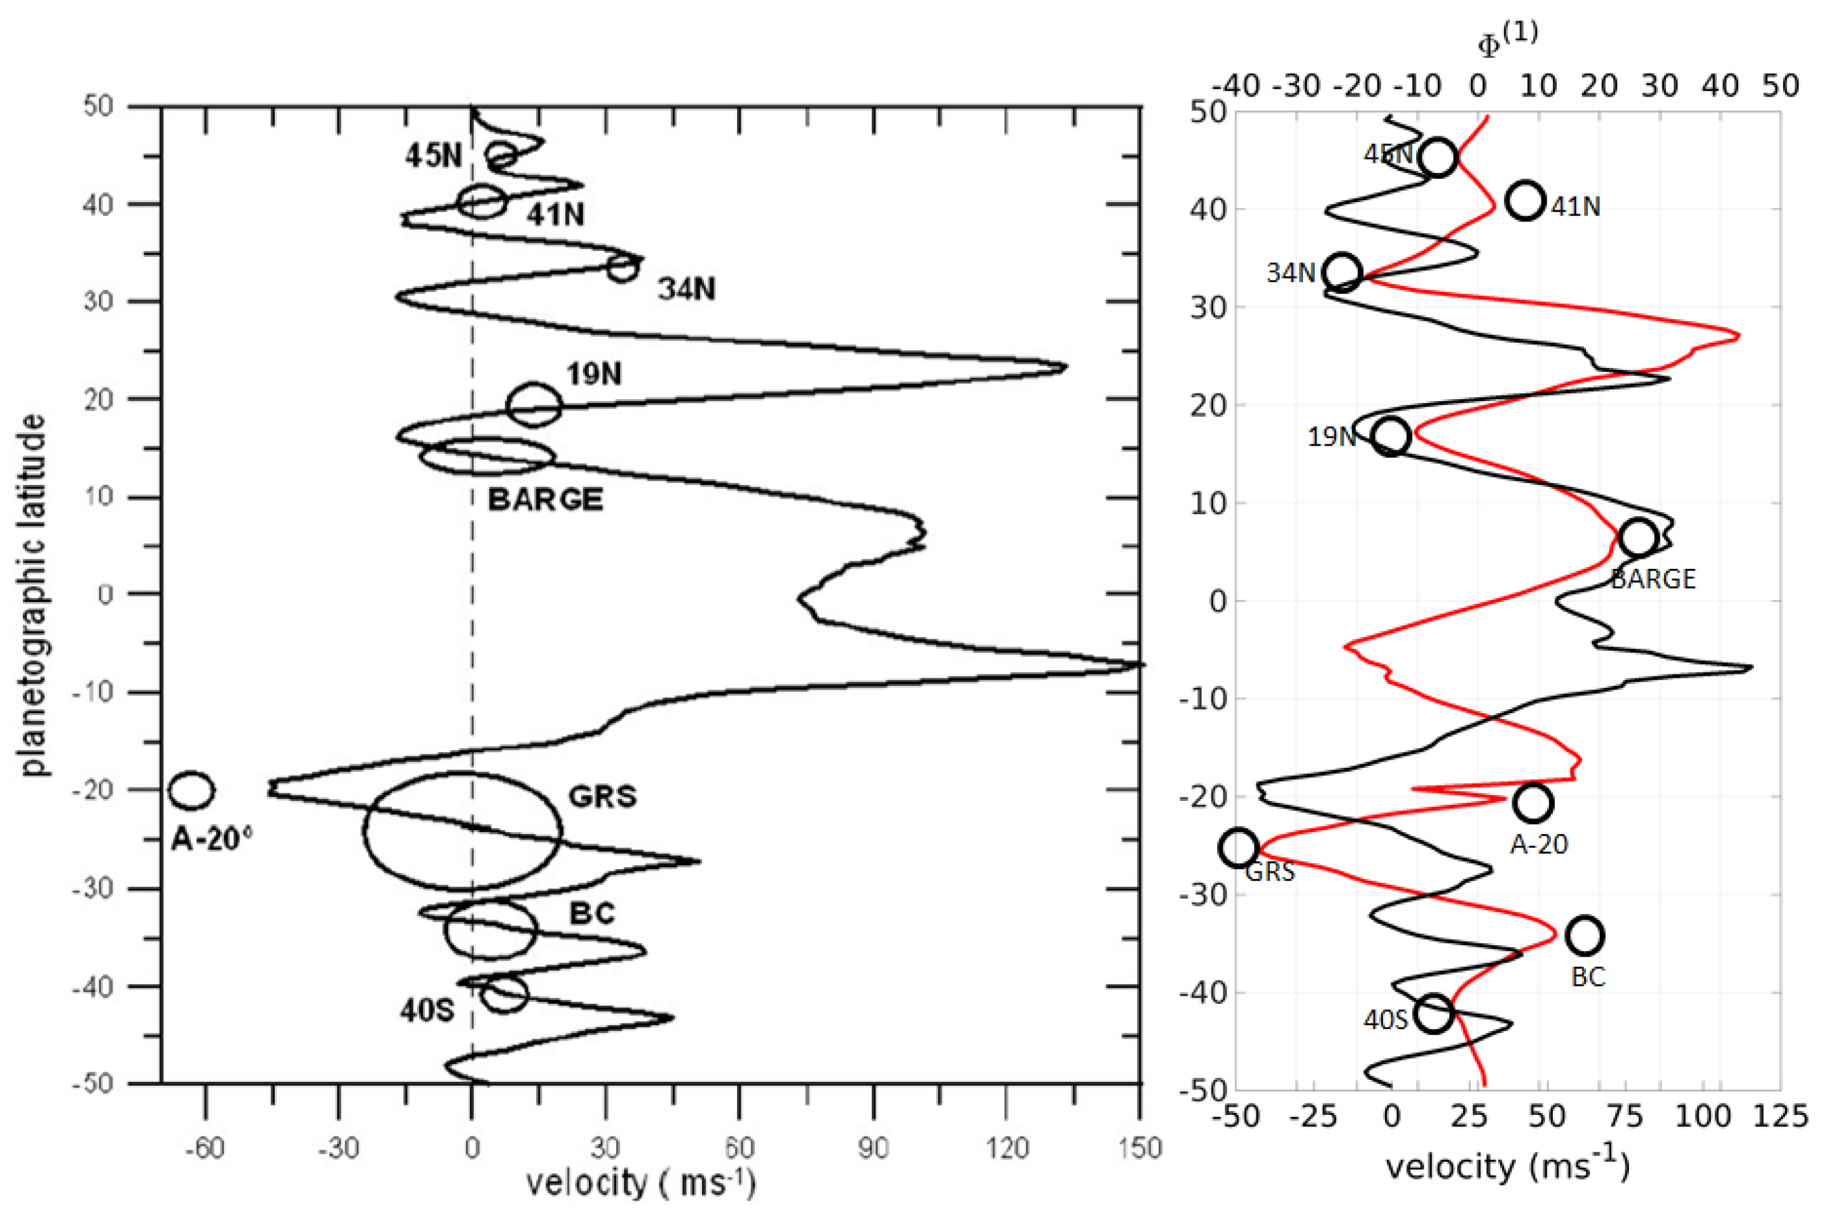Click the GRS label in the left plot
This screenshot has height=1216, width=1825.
point(603,796)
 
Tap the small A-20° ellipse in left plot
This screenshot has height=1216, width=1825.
point(191,790)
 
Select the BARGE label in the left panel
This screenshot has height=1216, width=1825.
point(545,500)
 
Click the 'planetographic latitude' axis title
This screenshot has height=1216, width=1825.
point(32,595)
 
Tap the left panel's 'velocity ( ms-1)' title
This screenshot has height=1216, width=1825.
point(640,1184)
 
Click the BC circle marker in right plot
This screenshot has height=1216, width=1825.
point(1585,935)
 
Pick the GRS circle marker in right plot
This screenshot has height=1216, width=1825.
point(1239,847)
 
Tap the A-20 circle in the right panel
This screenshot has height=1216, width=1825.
point(1532,803)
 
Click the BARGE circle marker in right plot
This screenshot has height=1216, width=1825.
point(1638,537)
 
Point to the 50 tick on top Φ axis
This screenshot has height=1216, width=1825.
point(1780,85)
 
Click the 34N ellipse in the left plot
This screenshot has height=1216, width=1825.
point(623,269)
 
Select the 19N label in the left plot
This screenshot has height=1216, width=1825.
point(594,374)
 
